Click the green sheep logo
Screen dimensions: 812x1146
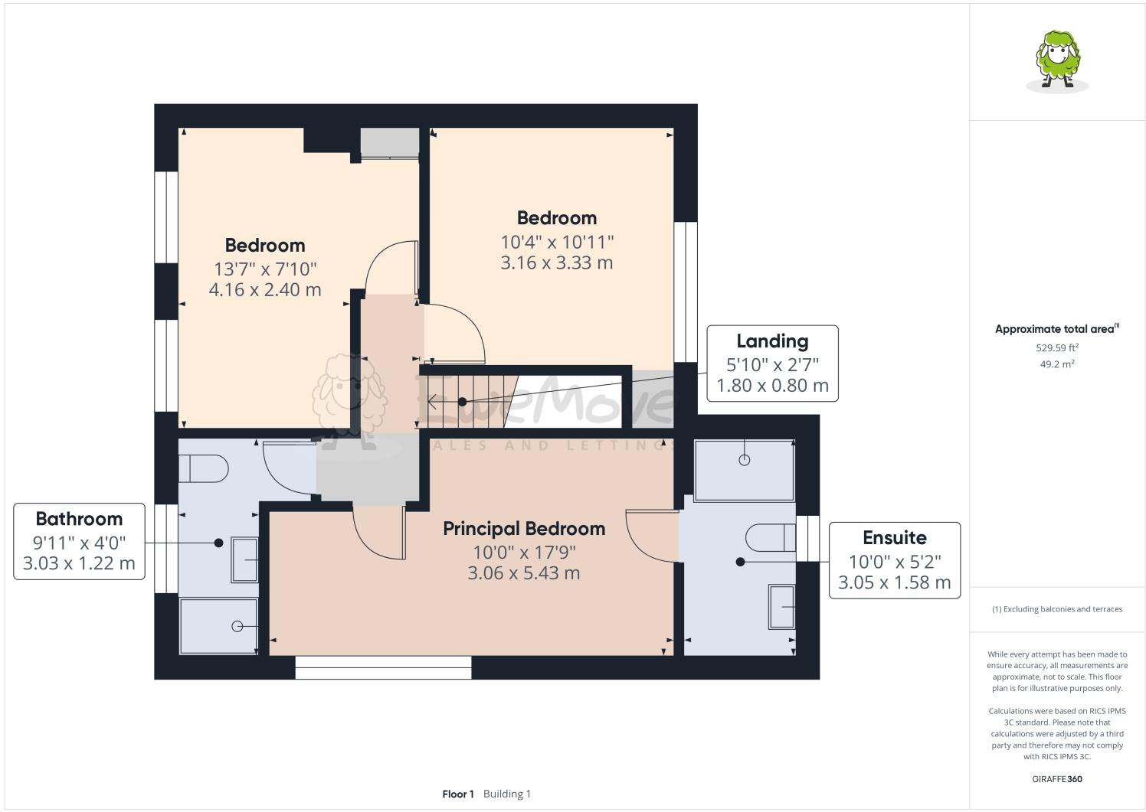click(x=1057, y=61)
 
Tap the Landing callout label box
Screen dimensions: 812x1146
click(x=772, y=364)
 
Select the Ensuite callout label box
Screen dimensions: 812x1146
click(x=894, y=560)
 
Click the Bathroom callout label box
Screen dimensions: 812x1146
click(x=79, y=541)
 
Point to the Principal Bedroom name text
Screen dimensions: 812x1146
click(x=524, y=529)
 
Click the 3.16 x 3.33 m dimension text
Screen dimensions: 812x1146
click(x=556, y=263)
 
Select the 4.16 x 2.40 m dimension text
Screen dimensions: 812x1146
click(x=265, y=290)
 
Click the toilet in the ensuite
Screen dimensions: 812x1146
click(x=770, y=537)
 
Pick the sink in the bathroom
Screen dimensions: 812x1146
click(x=245, y=559)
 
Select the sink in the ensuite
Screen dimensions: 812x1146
click(x=781, y=607)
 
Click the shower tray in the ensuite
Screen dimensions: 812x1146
click(x=744, y=470)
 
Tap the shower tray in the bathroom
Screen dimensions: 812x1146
click(x=218, y=626)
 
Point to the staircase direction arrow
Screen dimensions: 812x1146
click(x=434, y=402)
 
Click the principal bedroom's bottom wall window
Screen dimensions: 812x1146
click(x=383, y=667)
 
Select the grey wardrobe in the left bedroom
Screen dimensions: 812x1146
click(x=390, y=143)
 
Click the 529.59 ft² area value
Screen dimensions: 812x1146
click(x=1057, y=347)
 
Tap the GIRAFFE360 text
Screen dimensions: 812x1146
click(x=1057, y=779)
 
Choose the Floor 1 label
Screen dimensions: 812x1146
click(x=458, y=794)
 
